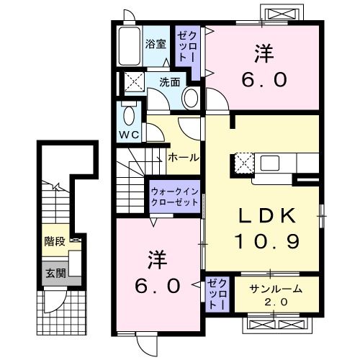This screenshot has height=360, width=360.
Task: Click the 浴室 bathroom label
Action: (156, 43)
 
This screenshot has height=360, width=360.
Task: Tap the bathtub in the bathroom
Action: (130, 46)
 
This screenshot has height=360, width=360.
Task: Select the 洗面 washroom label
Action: (169, 82)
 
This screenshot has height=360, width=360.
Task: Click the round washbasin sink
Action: (191, 97)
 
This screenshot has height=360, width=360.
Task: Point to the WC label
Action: (129, 135)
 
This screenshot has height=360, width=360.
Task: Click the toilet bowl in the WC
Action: (128, 114)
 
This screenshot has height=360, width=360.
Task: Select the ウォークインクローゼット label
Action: (174, 197)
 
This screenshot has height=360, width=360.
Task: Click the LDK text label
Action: (263, 215)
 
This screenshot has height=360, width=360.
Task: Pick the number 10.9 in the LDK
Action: (264, 242)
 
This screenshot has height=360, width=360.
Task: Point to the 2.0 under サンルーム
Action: (276, 302)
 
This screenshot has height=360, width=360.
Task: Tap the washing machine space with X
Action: (132, 81)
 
